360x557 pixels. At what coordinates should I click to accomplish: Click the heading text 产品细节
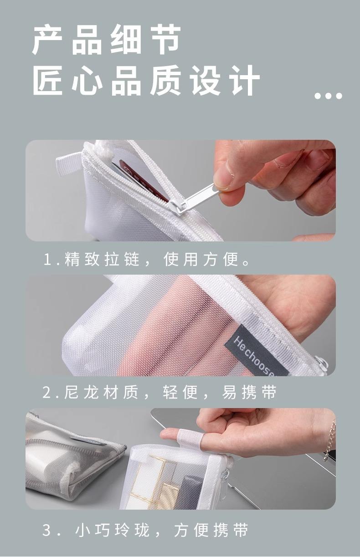tap(106, 40)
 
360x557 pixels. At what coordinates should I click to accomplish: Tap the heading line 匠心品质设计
tap(146, 81)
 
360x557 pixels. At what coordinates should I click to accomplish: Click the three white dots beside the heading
tap(328, 96)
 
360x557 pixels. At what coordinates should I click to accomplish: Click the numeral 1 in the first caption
tap(47, 259)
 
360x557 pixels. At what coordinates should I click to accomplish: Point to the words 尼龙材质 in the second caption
tap(101, 392)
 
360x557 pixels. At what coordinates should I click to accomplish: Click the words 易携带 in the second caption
tap(249, 392)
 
